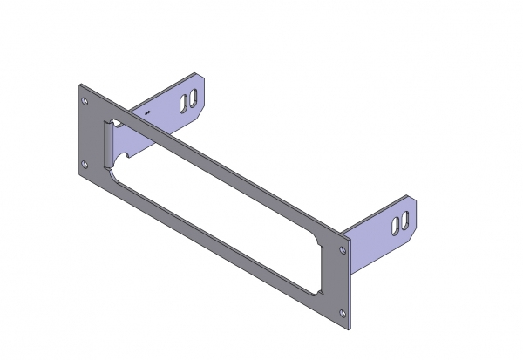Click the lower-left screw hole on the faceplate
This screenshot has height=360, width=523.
85,164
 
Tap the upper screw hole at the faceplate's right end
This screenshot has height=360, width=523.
342,249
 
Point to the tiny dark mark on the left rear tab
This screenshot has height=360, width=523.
147,113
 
